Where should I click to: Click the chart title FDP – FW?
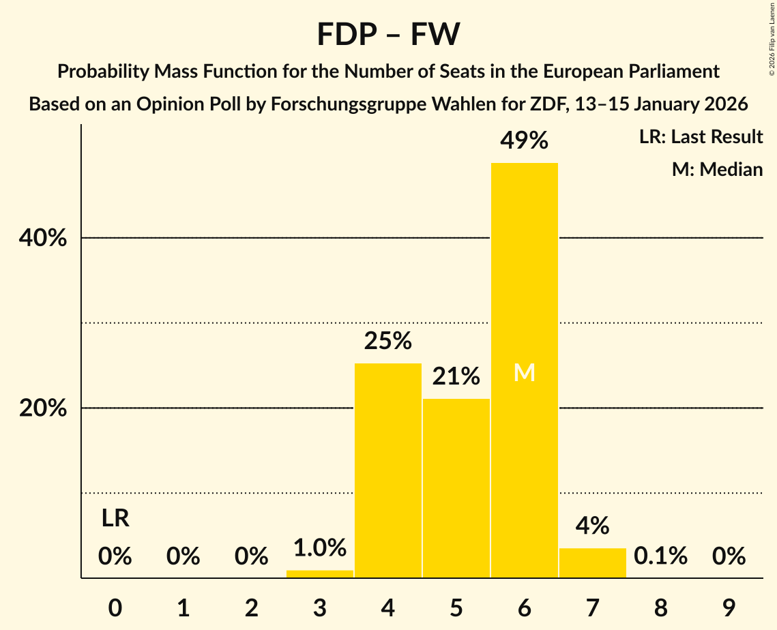tap(388, 34)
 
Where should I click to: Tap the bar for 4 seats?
tap(387, 470)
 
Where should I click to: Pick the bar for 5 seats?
tap(456, 487)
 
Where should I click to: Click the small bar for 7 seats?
tap(592, 563)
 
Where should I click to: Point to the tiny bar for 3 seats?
tap(319, 574)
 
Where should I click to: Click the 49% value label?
tap(524, 140)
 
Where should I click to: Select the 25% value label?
tap(387, 340)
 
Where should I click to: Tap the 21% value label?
tap(456, 376)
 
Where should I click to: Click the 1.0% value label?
tap(319, 547)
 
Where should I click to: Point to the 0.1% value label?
tap(660, 556)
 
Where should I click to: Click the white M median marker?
tap(524, 373)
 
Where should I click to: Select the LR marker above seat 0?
tap(115, 519)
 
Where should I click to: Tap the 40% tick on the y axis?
tap(42, 239)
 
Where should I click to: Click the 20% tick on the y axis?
tap(42, 408)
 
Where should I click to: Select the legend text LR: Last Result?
tap(701, 137)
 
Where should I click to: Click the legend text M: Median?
tap(717, 169)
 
